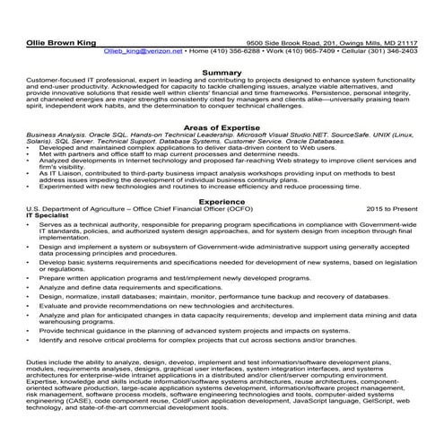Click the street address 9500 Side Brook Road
click(x=288, y=42)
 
